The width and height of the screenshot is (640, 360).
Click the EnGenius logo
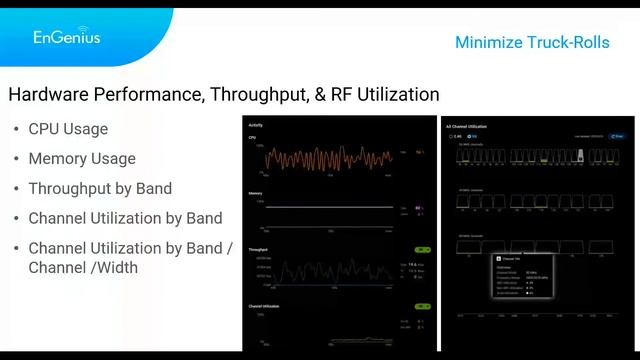tap(66, 36)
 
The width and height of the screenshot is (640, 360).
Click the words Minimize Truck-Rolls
tap(531, 42)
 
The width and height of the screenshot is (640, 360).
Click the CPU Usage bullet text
tap(68, 129)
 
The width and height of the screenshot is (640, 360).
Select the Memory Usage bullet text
tap(82, 158)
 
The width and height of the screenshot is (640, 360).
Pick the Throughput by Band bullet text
tap(100, 188)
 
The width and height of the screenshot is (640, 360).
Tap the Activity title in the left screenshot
tap(255, 126)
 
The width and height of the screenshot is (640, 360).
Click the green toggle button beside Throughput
tap(422, 250)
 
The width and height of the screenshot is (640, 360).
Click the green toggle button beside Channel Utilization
tap(422, 307)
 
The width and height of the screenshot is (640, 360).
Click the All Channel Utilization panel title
tap(467, 127)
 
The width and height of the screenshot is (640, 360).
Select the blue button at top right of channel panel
tap(617, 136)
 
